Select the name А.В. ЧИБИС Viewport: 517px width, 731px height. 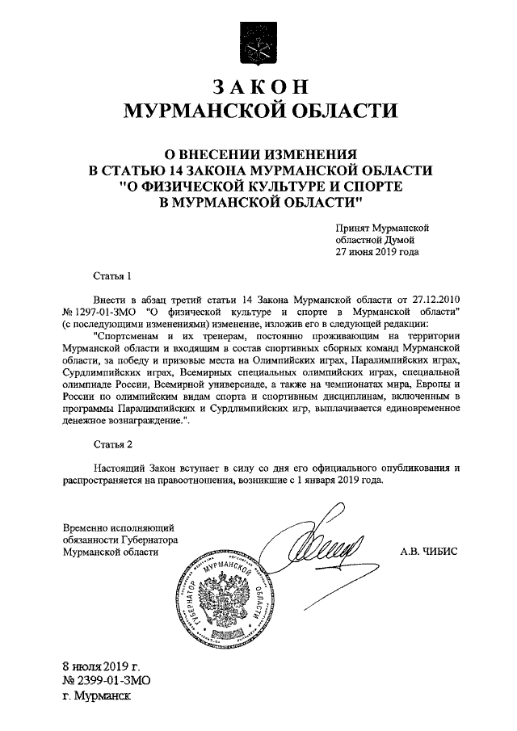[x=428, y=552]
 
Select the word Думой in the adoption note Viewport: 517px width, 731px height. [x=399, y=240]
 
